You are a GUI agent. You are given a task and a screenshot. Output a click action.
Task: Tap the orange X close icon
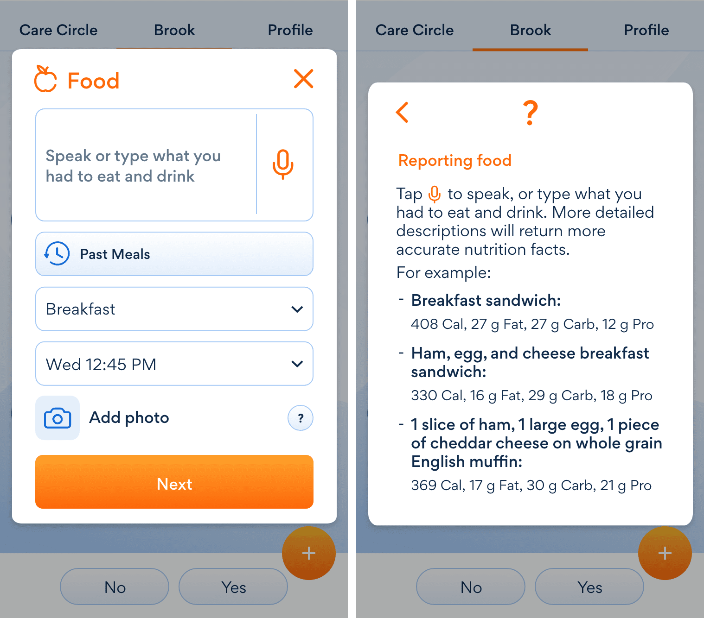pos(303,78)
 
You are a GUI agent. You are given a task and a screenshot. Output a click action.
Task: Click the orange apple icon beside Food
pos(45,79)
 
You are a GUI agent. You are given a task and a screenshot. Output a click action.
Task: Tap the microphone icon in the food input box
pos(283,164)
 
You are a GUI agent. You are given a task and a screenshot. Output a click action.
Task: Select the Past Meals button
pos(174,254)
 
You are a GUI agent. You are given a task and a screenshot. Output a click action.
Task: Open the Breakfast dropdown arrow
pos(297,309)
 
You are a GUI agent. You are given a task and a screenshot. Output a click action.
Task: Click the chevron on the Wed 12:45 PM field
pos(297,364)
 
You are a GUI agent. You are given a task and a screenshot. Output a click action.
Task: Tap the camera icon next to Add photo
pos(58,418)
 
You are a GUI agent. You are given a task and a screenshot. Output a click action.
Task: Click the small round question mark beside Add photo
pos(300,418)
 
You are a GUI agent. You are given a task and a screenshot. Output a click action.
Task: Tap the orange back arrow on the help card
pos(402,112)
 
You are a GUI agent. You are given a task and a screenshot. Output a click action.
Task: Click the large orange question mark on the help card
pos(530,113)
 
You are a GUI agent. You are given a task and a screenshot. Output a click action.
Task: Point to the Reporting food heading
pos(455,160)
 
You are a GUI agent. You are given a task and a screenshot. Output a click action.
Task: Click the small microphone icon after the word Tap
pos(435,194)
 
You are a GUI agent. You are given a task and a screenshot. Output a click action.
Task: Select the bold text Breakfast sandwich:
pos(486,300)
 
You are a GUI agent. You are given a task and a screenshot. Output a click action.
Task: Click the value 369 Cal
pos(438,486)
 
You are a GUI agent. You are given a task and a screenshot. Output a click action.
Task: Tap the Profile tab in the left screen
pos(290,30)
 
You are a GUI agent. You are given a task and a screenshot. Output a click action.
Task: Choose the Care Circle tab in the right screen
pos(414,30)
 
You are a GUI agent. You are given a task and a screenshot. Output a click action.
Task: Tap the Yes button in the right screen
pos(589,587)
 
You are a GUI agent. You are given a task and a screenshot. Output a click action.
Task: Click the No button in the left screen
pos(115,587)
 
